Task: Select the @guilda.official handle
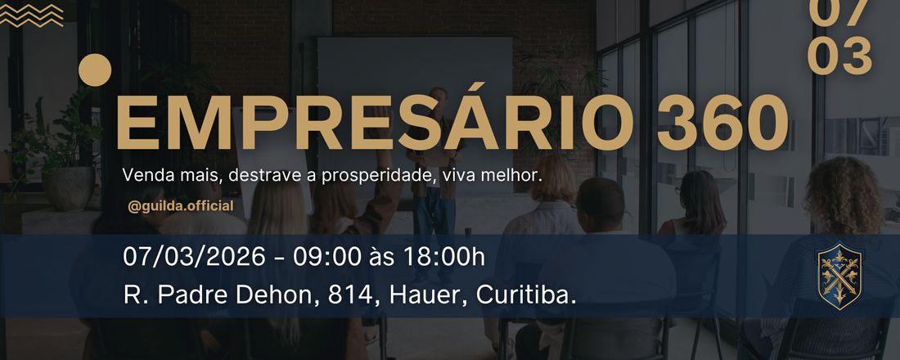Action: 181,206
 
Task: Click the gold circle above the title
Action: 96,70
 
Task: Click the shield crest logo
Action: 839,276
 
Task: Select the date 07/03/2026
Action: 194,256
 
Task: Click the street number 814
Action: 344,295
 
